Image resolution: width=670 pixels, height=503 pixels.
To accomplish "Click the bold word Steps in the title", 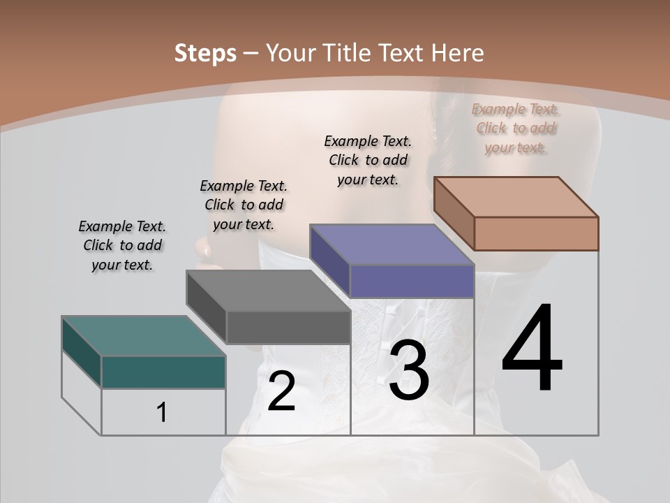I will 205,53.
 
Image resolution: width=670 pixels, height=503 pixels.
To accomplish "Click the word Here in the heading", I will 457,53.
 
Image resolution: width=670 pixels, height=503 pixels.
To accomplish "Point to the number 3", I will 409,371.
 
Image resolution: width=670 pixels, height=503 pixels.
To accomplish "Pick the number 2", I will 281,391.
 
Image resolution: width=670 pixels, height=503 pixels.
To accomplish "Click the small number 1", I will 162,412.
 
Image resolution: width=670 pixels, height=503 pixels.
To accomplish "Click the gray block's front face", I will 288,327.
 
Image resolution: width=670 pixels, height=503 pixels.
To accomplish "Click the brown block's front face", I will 536,233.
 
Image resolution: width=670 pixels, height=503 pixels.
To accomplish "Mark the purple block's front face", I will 412,281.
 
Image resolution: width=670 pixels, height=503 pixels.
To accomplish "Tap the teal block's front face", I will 163,372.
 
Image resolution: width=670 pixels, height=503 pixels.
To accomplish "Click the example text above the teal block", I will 122,245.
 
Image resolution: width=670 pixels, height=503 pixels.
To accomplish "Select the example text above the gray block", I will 244,205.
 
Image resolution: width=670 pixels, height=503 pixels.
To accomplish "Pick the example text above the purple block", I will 368,160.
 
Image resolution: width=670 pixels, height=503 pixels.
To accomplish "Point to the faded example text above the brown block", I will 516,128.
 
